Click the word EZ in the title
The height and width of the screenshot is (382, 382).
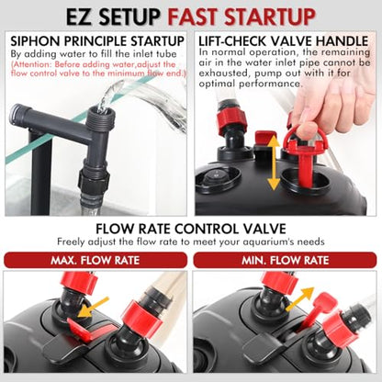(79, 17)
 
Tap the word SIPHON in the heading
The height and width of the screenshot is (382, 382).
(33, 41)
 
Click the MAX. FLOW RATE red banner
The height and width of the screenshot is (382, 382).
(95, 260)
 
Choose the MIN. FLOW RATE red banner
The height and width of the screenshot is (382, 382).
(285, 260)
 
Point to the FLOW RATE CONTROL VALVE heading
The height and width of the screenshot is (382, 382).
(191, 229)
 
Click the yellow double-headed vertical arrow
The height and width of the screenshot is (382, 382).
(274, 163)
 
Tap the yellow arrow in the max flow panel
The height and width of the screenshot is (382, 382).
(93, 307)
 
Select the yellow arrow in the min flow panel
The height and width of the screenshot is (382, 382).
(300, 299)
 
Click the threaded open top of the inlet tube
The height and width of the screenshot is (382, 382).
(99, 118)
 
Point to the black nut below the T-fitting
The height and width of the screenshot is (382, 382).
(94, 181)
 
